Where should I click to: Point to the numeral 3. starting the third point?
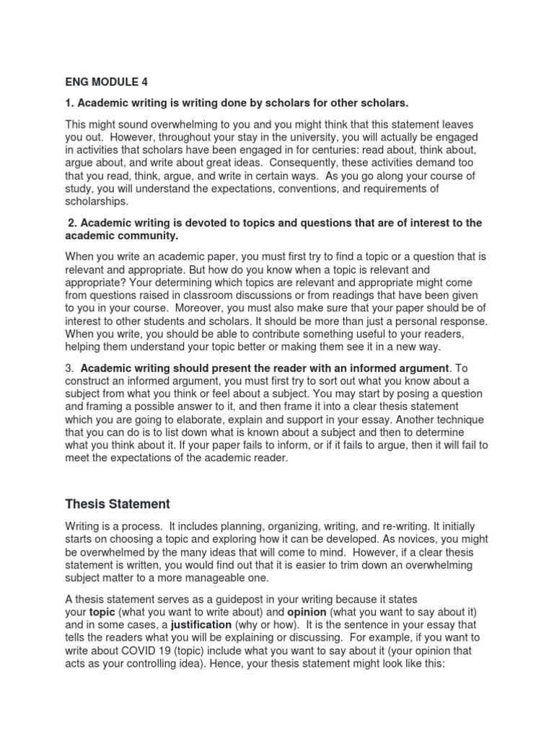(x=69, y=368)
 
